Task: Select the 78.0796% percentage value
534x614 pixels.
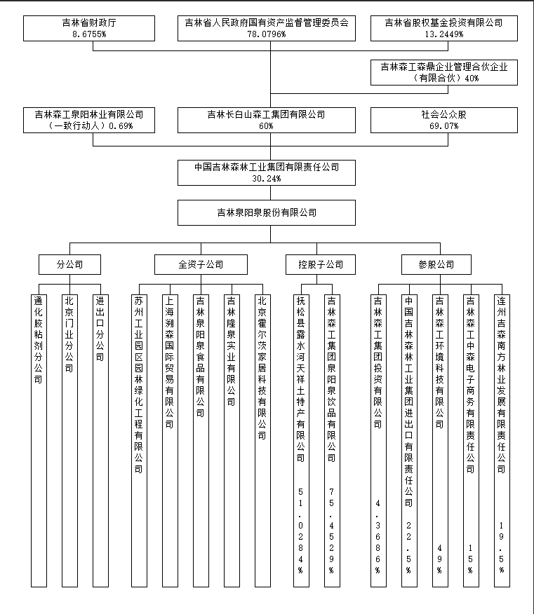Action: pos(267,34)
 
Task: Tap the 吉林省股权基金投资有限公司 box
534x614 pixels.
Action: pos(443,28)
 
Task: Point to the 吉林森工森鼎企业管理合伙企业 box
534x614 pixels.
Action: pos(443,72)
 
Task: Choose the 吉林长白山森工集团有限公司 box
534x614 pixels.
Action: pos(267,120)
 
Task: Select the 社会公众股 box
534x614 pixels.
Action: pos(443,120)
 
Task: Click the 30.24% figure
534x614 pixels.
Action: pos(267,179)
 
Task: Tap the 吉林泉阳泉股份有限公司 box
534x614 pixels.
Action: pos(267,212)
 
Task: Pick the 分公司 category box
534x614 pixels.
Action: pos(69,264)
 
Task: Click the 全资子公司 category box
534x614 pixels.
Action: pos(201,264)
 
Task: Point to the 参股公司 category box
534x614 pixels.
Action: pos(436,264)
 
